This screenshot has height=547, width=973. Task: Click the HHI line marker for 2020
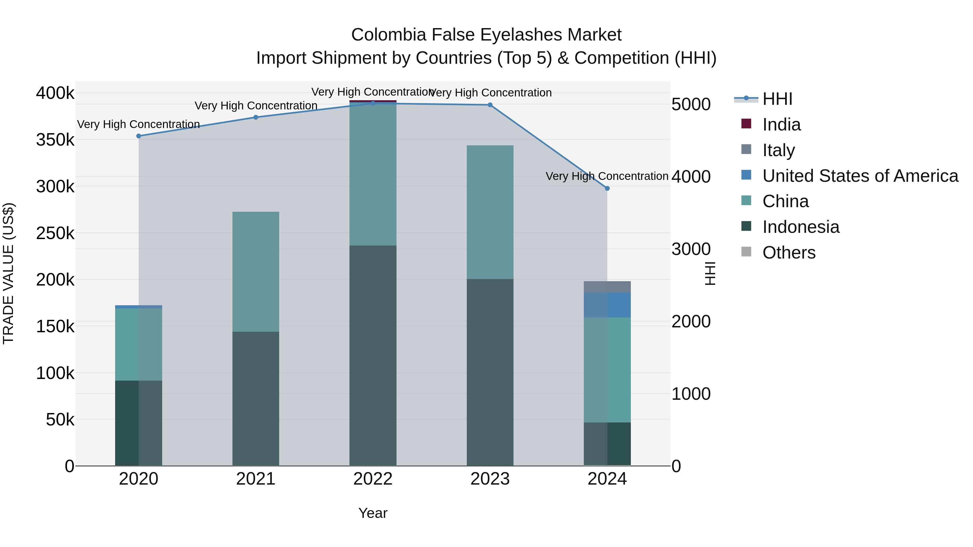[x=139, y=136]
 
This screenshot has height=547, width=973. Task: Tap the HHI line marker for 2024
[x=607, y=188]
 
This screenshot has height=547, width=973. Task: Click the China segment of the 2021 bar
[x=256, y=272]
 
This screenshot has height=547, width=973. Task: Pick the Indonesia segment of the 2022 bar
[x=373, y=355]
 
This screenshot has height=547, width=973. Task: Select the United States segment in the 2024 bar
[x=607, y=305]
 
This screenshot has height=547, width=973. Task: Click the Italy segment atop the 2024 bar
[x=607, y=287]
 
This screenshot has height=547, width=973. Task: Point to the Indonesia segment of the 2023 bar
[x=490, y=372]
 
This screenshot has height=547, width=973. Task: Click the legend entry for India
[x=781, y=125]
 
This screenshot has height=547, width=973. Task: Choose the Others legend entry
[x=789, y=253]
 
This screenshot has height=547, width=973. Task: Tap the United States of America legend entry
[x=860, y=176]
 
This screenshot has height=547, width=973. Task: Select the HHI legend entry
[x=777, y=99]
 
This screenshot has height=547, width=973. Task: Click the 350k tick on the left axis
[x=55, y=140]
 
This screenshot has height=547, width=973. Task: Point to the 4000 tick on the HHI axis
[x=691, y=177]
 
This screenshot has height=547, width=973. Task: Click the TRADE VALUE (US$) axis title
[x=8, y=273]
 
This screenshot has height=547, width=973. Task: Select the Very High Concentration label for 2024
[x=607, y=176]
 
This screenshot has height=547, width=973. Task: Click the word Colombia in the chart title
[x=388, y=35]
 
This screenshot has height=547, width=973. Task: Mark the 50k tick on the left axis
[x=60, y=420]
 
